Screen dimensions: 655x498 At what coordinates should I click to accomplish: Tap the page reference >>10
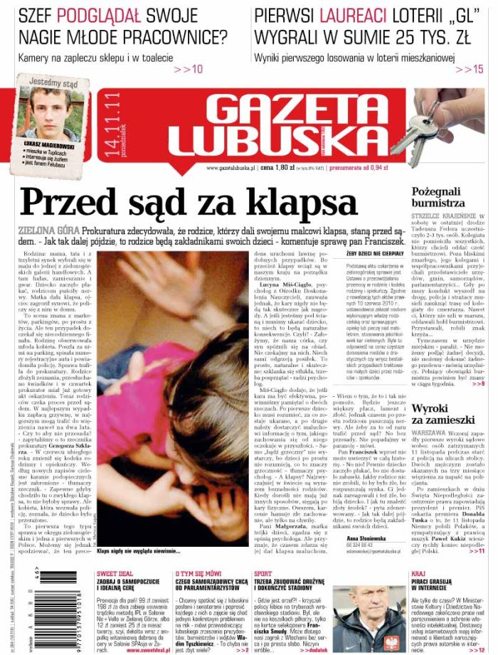(x=188, y=69)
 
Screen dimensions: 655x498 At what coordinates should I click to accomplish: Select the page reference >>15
(x=470, y=69)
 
